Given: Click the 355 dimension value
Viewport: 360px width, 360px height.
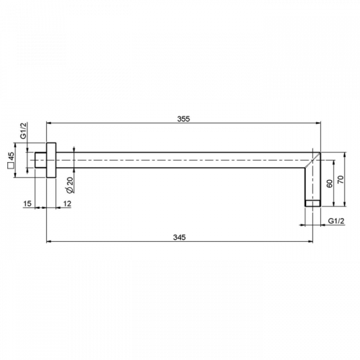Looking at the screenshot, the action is coord(184,119).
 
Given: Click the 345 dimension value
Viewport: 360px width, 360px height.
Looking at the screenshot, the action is coord(179,237).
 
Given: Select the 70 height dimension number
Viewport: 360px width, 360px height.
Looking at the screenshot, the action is coord(341,179).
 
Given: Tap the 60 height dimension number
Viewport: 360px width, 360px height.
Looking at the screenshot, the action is coord(330,184).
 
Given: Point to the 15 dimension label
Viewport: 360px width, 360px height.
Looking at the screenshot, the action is coord(27,204).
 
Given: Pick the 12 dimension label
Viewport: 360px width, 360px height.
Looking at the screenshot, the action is coord(67,204).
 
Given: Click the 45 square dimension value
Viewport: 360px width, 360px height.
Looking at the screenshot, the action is coord(11,156).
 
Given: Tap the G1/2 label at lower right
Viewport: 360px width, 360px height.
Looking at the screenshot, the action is coord(336,221).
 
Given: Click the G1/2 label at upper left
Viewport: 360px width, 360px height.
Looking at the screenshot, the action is coord(23,130).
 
